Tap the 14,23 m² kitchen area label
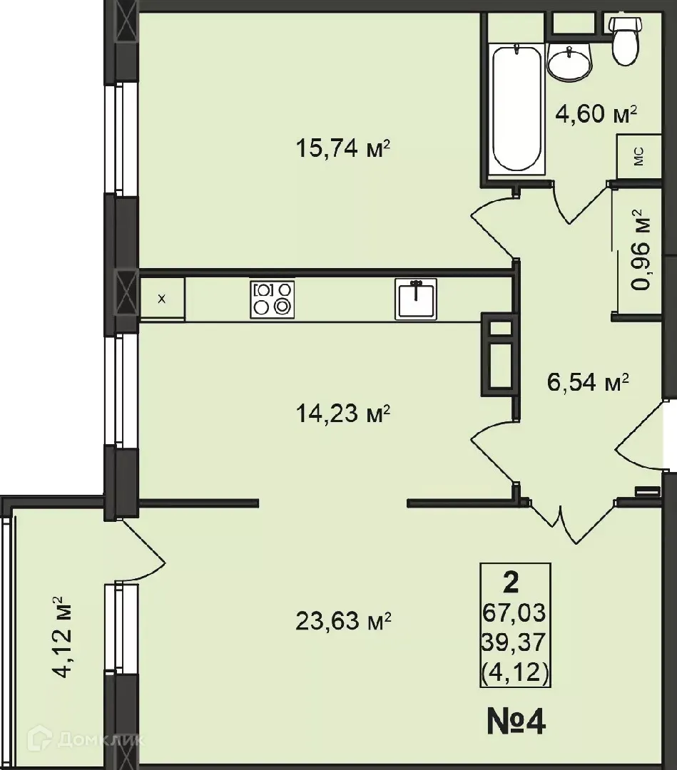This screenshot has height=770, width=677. (x=342, y=414)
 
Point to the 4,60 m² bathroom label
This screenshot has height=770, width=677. (x=596, y=113)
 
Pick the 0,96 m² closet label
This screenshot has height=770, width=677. (x=642, y=249)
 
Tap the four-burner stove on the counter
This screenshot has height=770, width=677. (x=272, y=299)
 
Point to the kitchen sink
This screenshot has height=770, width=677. (x=416, y=299)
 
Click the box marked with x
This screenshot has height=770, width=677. (x=162, y=299)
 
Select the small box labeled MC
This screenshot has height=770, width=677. (x=638, y=156)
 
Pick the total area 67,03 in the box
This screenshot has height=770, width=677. (x=514, y=612)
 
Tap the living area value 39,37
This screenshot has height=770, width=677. (x=514, y=642)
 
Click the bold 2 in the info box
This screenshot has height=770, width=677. (x=511, y=583)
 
